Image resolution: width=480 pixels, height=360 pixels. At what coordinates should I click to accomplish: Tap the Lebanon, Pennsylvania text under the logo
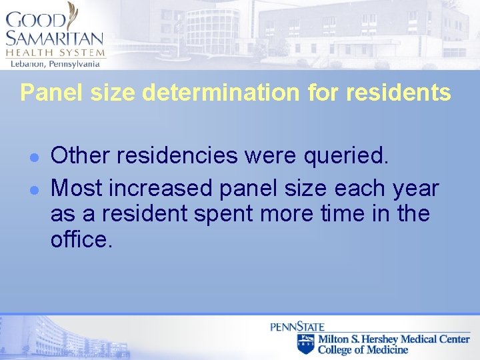point(54,64)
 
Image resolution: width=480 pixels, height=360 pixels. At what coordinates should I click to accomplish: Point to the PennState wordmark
point(297,327)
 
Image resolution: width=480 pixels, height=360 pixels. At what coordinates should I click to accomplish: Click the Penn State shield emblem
point(305,344)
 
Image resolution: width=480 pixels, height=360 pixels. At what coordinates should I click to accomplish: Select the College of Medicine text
point(363,349)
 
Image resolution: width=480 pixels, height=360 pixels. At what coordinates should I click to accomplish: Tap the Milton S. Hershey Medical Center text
point(393,339)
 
